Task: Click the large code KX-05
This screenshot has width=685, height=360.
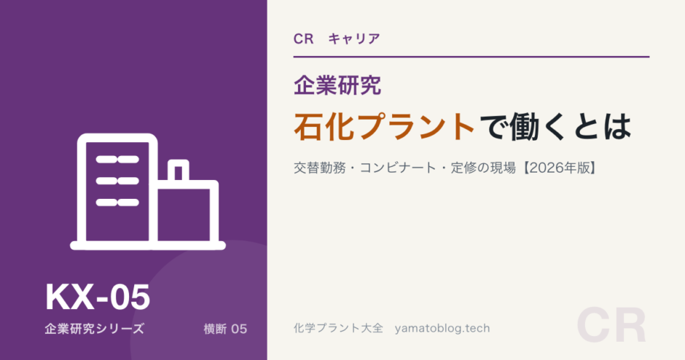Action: pos(98,297)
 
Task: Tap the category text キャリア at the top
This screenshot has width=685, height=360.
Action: pos(354,39)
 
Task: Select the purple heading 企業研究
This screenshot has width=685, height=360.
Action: pos(337,85)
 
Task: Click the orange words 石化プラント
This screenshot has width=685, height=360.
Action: pos(385,127)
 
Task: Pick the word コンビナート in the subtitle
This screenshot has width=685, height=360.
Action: pos(398,168)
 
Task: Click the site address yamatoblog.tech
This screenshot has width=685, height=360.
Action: pos(442,329)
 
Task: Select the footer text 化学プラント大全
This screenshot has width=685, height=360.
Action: pos(338,328)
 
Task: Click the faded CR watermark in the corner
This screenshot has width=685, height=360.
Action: pos(611,326)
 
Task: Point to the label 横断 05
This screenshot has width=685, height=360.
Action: pos(225,329)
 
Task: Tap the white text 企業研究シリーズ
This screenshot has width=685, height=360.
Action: pos(94,329)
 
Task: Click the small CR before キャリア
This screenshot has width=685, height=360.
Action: pos(304,39)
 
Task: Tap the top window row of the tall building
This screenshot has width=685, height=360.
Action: pos(117,160)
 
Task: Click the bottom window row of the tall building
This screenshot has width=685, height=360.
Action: pos(117,203)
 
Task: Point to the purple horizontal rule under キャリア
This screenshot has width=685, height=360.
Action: pos(471,57)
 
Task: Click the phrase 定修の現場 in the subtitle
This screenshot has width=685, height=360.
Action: pos(484,168)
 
